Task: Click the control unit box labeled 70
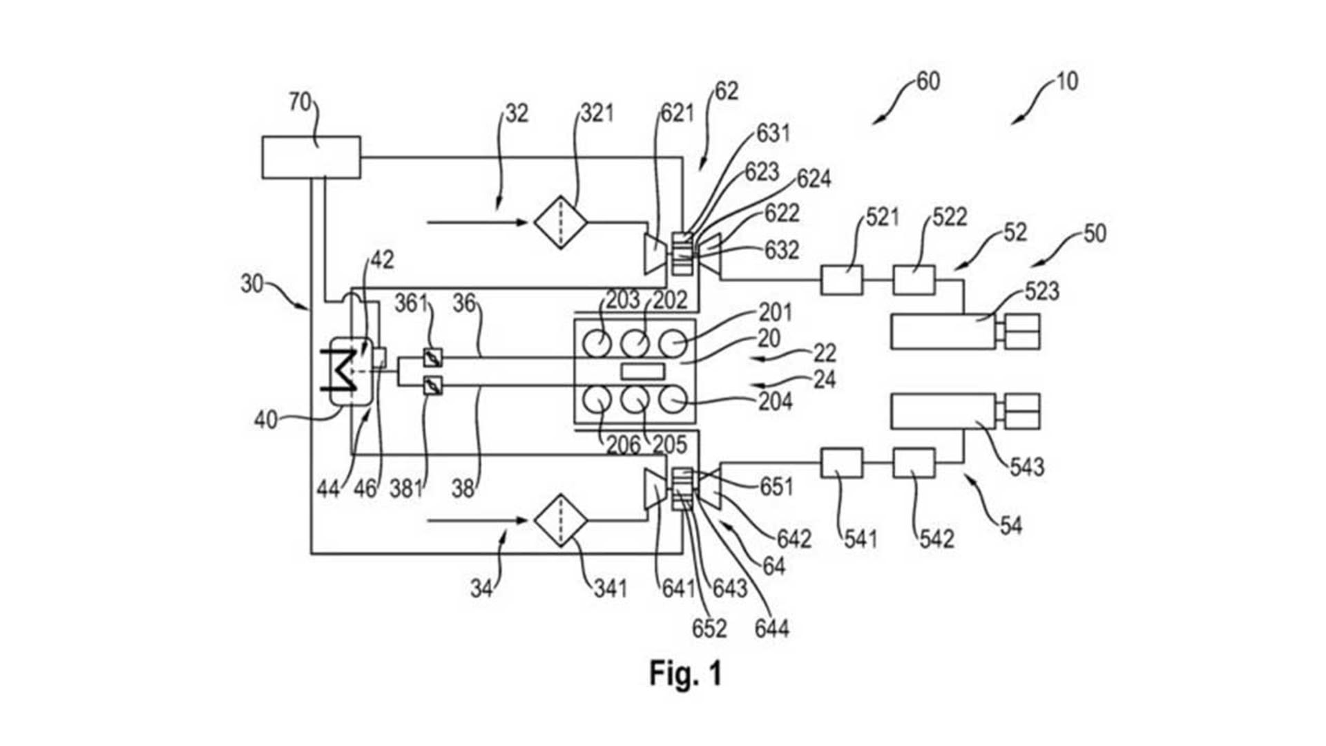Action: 311,157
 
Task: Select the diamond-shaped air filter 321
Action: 561,222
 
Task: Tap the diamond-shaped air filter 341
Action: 561,520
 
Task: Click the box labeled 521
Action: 842,280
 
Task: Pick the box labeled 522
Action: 914,280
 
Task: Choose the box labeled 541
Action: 842,463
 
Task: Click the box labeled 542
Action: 914,463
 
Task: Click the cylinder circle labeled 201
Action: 672,343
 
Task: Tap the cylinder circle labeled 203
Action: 597,343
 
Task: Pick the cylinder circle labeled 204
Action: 672,399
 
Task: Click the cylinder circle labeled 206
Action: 597,399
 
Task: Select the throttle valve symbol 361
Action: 432,358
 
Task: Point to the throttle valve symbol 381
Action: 432,385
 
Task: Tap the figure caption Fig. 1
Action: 685,673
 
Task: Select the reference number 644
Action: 771,629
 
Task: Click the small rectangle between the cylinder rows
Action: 642,371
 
